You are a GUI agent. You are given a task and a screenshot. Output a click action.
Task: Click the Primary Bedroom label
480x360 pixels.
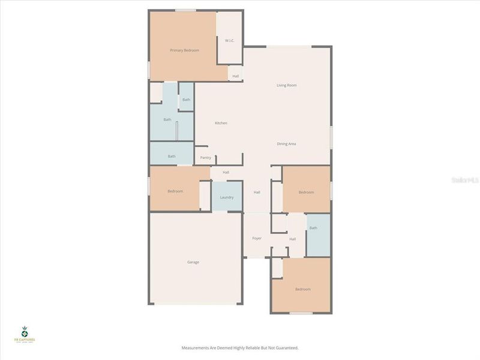coord(184,50)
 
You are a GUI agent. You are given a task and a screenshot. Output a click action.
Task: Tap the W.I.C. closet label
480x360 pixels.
coord(229,41)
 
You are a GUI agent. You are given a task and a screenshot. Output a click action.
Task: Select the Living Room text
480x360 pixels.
coord(286,85)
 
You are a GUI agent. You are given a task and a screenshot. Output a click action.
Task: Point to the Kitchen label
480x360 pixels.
coord(221,123)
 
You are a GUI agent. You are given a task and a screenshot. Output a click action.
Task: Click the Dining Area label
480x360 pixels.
coord(286,144)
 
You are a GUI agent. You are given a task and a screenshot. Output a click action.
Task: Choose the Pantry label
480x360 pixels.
coord(205,158)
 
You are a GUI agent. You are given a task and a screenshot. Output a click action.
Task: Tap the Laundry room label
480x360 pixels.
coord(227,197)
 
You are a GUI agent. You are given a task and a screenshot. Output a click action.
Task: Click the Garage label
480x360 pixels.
coord(193,262)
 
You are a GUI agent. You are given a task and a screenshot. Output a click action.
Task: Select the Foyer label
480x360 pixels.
coord(257,238)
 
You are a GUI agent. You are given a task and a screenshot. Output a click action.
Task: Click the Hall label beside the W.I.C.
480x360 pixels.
coord(235,76)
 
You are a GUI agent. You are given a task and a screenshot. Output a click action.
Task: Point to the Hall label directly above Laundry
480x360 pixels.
coord(226,172)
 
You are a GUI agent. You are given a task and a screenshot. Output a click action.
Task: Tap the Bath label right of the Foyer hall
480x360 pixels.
coord(313,228)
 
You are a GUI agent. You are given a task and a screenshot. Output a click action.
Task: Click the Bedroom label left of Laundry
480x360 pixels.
coord(175,191)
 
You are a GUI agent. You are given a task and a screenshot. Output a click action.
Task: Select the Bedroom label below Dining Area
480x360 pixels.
coord(306,192)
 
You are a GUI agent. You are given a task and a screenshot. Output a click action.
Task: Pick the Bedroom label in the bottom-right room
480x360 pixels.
coord(302,289)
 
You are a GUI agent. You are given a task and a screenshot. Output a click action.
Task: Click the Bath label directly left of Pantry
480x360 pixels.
coord(172,157)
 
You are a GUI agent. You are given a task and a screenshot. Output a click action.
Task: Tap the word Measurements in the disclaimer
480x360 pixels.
coord(196,348)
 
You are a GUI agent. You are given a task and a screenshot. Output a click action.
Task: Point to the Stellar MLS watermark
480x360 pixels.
coord(467,179)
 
